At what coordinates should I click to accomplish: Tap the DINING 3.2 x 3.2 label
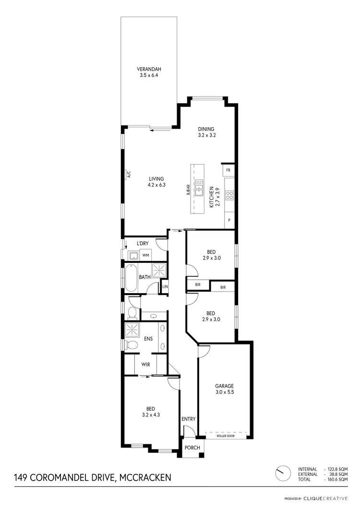[x=206, y=132]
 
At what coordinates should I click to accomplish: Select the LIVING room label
[x=156, y=182]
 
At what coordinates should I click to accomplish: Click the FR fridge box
[x=228, y=170]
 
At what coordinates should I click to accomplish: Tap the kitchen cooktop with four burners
[x=229, y=195]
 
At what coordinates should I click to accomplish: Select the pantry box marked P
[x=229, y=220]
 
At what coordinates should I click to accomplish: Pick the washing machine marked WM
[x=144, y=255]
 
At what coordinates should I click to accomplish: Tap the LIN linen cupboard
[x=165, y=286]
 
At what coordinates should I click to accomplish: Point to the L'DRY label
[x=143, y=244]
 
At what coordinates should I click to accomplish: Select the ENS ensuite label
[x=148, y=339]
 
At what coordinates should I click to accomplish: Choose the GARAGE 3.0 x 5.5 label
[x=224, y=388]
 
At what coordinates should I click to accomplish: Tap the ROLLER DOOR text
[x=225, y=436]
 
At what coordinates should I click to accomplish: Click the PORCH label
[x=192, y=448]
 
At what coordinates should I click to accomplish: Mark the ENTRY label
[x=189, y=419]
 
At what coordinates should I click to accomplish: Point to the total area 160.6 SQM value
[x=337, y=479]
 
